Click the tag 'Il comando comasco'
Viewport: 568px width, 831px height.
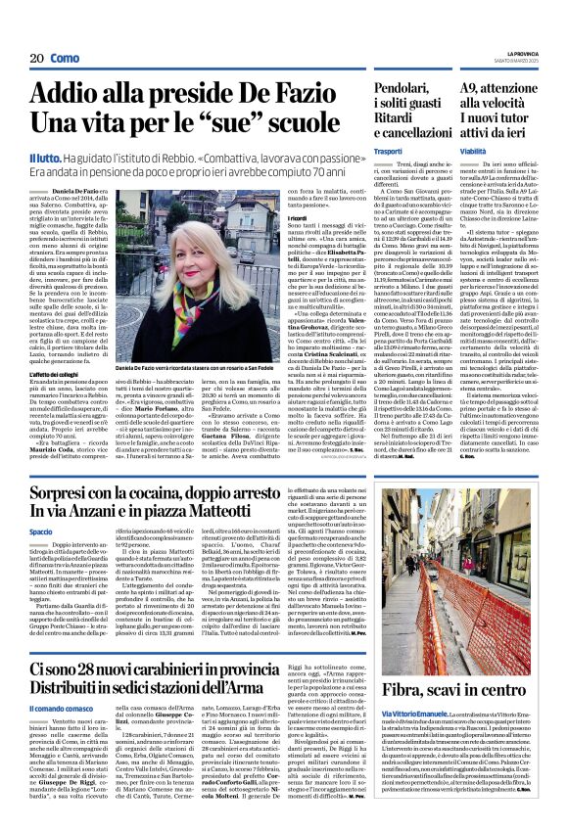click(x=63, y=650)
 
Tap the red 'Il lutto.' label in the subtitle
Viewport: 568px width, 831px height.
click(x=44, y=158)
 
